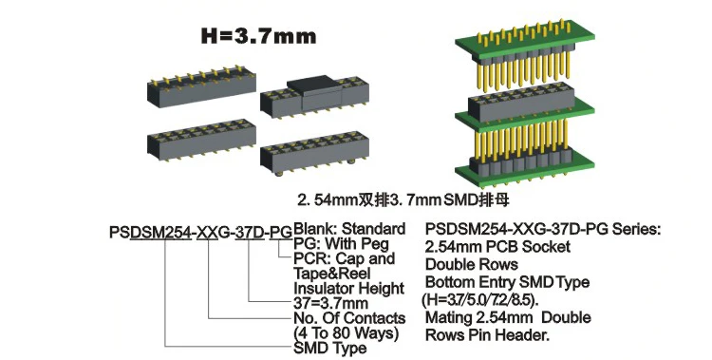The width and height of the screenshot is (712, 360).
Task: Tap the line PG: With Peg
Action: pyautogui.click(x=340, y=244)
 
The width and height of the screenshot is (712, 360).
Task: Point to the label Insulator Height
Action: pyautogui.click(x=348, y=289)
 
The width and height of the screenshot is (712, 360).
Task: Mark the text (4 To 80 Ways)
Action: pyautogui.click(x=345, y=333)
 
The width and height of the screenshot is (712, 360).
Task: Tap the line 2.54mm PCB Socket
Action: pyautogui.click(x=498, y=247)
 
